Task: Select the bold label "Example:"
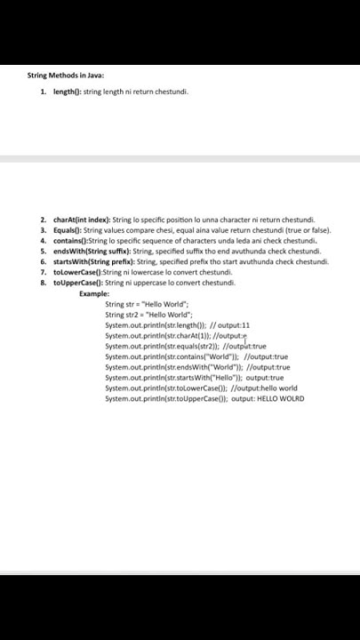pyautogui.click(x=94, y=293)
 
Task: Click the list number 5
pyautogui.click(x=43, y=250)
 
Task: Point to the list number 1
pyautogui.click(x=43, y=91)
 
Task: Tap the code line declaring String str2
pyautogui.click(x=145, y=314)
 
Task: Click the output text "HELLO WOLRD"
pyautogui.click(x=277, y=399)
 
